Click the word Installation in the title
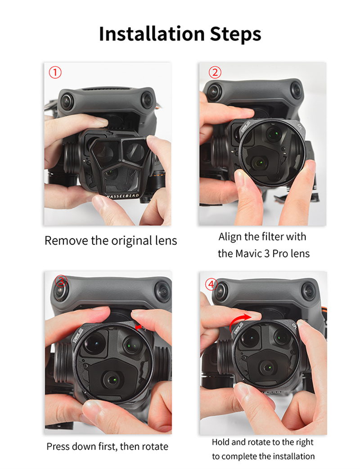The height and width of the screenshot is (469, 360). [152, 33]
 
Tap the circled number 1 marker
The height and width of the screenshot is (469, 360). [55, 72]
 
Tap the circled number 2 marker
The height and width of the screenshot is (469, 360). [215, 72]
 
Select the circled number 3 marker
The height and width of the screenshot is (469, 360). [61, 281]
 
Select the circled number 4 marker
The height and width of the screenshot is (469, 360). [211, 284]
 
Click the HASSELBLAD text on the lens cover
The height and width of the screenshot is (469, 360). [123, 196]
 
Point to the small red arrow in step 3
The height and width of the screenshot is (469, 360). [139, 327]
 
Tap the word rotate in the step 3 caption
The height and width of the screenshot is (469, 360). [155, 446]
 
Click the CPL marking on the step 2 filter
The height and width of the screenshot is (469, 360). [300, 127]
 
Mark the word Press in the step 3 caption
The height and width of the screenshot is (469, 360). [58, 446]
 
